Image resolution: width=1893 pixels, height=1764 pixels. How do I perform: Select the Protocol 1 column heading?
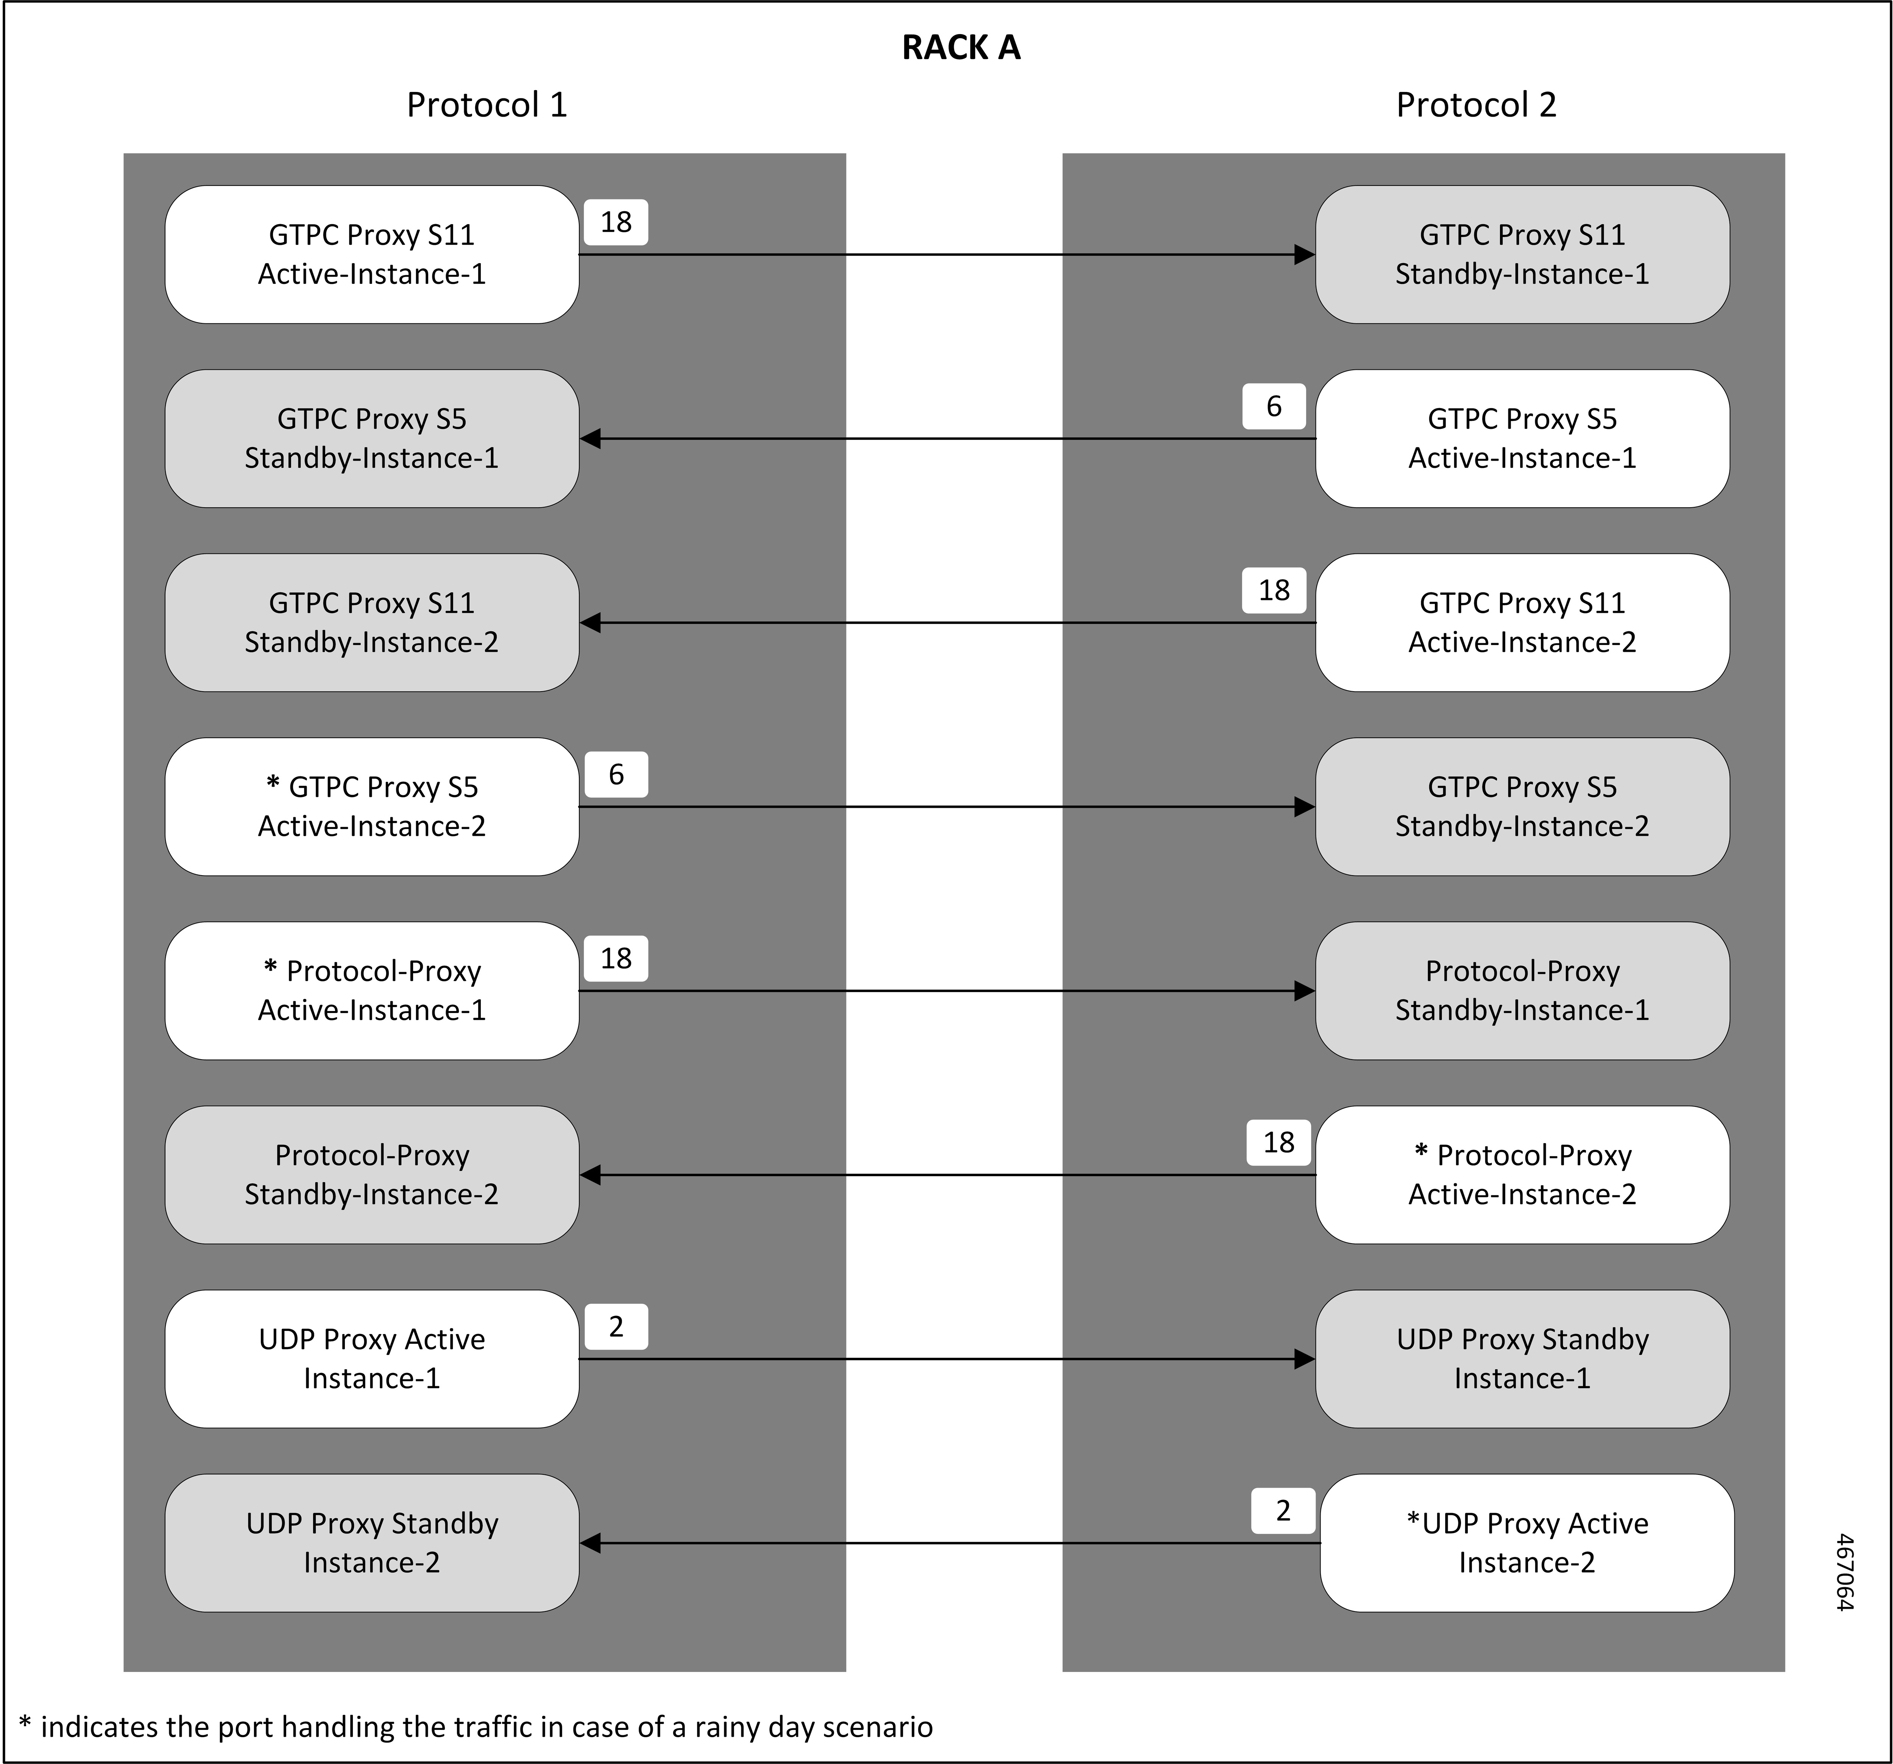click(487, 105)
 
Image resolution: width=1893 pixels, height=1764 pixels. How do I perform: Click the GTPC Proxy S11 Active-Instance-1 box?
click(371, 254)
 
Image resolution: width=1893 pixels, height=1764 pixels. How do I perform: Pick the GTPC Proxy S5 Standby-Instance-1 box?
click(371, 438)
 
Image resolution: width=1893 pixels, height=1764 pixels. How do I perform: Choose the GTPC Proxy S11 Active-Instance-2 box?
click(1522, 623)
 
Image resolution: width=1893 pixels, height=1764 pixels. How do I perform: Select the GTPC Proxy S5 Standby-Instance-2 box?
click(1522, 806)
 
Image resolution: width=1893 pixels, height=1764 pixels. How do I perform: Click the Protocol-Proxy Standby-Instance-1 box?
click(1522, 990)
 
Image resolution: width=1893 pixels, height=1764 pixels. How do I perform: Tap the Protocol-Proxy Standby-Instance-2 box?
click(371, 1175)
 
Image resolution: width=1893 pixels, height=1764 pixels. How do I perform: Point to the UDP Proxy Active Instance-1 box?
click(371, 1359)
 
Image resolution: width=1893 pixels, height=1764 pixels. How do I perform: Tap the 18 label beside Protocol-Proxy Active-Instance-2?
click(1278, 1142)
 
